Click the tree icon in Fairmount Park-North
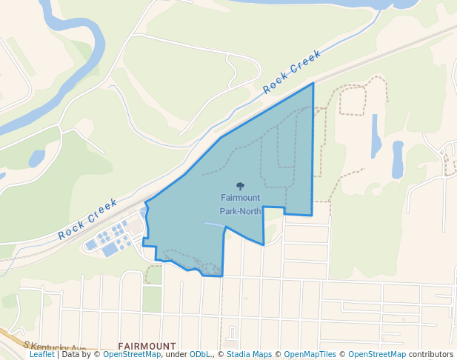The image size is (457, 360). coord(240,186)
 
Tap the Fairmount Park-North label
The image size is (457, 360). coord(240,204)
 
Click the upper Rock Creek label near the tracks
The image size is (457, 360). coord(293,71)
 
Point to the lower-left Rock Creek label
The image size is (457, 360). coord(88,219)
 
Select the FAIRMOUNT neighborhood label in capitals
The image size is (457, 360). coord(147,346)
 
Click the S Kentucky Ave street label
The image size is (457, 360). coord(55,347)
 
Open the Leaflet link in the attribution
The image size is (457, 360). coord(42,355)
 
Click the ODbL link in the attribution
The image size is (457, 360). coord(200,355)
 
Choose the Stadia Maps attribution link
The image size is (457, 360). coord(249,355)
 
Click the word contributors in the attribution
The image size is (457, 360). coord(431,355)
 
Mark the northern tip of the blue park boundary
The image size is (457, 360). coord(313,84)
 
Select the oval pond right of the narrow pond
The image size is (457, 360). coord(398,159)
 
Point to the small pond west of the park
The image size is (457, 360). coord(36,159)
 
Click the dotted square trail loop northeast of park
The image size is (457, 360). coord(353,100)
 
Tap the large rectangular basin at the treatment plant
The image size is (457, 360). coord(110,250)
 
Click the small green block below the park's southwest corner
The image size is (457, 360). coord(152,299)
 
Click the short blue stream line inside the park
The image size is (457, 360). coord(213,224)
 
